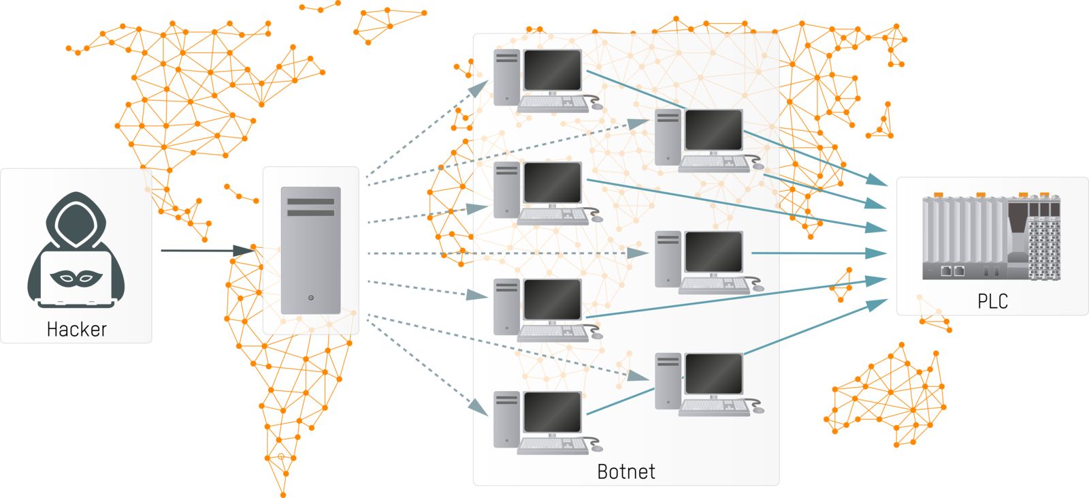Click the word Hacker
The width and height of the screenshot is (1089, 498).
tap(76, 329)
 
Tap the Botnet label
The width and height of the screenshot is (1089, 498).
tap(625, 471)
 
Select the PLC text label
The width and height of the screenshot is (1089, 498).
tap(992, 301)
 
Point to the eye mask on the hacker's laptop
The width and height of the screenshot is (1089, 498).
tap(76, 277)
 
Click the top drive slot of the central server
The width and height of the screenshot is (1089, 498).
tap(310, 202)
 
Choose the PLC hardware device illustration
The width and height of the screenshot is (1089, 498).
tap(991, 237)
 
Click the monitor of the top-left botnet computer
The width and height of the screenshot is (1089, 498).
tap(552, 70)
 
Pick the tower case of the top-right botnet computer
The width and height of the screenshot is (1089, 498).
tap(667, 138)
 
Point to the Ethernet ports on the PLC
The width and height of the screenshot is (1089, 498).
tap(952, 271)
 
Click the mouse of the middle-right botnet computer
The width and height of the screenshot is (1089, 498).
tap(758, 287)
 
